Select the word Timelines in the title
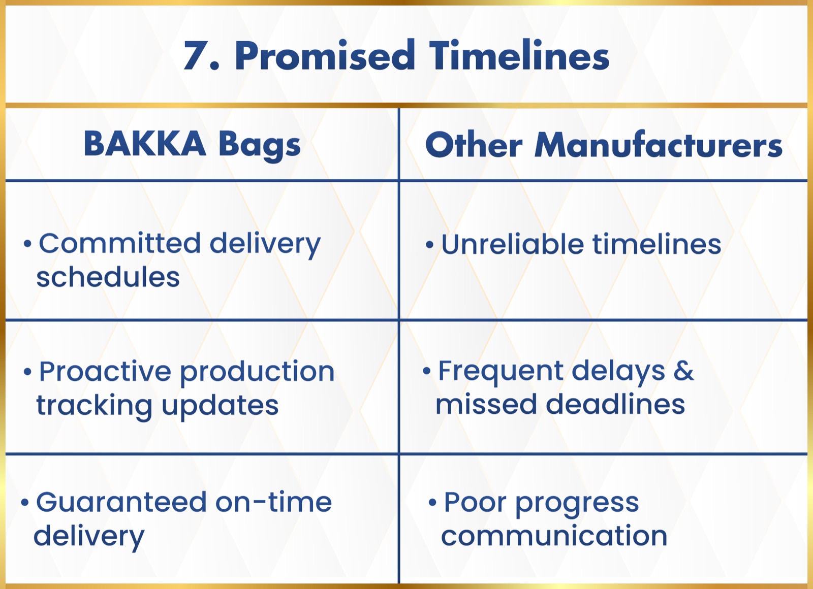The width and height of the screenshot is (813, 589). point(519,55)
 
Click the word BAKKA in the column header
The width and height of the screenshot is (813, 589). point(144,144)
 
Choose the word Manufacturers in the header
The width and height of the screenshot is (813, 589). point(658,144)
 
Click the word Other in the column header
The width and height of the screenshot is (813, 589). point(474,144)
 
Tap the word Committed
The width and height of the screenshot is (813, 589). point(120,243)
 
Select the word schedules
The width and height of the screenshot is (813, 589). point(108,277)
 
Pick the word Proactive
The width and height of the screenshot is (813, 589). point(105,371)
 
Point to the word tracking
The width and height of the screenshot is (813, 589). point(94,406)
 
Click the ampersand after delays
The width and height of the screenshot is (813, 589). point(684,371)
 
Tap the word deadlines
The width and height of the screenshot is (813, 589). point(615,404)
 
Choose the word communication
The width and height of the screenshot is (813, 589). point(554,536)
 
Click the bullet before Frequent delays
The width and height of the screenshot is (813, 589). point(427,371)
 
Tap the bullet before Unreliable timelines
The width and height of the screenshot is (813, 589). point(430,244)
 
